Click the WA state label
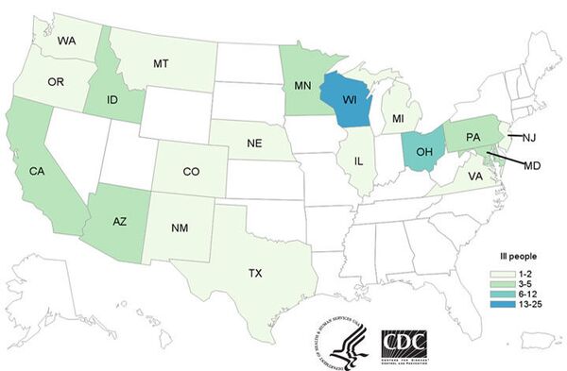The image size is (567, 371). [67, 42]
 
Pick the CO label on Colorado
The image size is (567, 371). [190, 172]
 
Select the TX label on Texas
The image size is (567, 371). [255, 273]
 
